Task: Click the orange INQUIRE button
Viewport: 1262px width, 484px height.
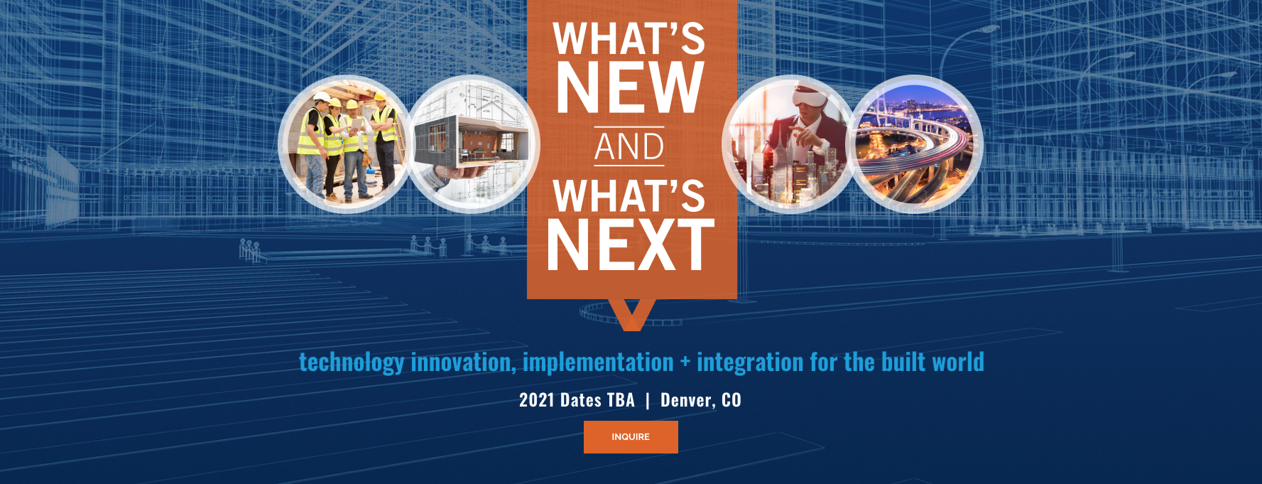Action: tap(631, 436)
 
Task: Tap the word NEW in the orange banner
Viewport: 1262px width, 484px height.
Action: tap(630, 87)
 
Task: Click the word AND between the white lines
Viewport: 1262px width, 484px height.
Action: tap(629, 147)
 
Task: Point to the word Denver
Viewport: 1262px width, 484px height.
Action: tap(685, 401)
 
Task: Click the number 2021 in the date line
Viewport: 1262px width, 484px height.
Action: tap(536, 400)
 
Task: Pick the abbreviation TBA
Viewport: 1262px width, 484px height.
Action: tap(621, 400)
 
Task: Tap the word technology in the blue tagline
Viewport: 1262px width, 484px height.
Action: tap(352, 362)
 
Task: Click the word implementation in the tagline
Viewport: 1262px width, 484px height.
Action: tap(598, 362)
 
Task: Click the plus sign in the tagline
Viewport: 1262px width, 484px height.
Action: tap(685, 362)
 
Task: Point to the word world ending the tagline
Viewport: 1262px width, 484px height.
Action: tap(958, 362)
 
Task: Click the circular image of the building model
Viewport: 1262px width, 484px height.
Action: tap(472, 144)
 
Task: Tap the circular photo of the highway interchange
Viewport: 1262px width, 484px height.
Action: tap(915, 144)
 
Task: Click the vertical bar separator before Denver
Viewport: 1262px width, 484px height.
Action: tap(648, 401)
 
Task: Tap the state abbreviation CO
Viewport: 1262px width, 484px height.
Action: tap(731, 400)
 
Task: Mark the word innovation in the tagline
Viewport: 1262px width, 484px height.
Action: tap(463, 362)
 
